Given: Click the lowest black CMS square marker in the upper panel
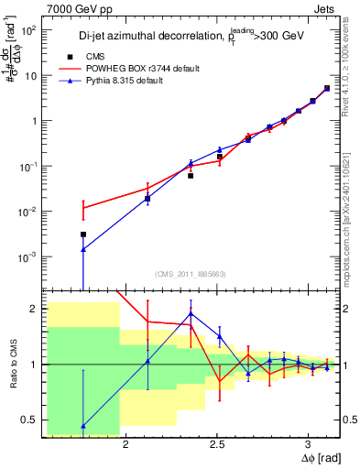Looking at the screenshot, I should click(x=83, y=234).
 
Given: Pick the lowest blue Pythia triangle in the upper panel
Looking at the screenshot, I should click(x=83, y=249).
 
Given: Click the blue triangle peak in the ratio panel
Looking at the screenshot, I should click(x=191, y=313).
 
